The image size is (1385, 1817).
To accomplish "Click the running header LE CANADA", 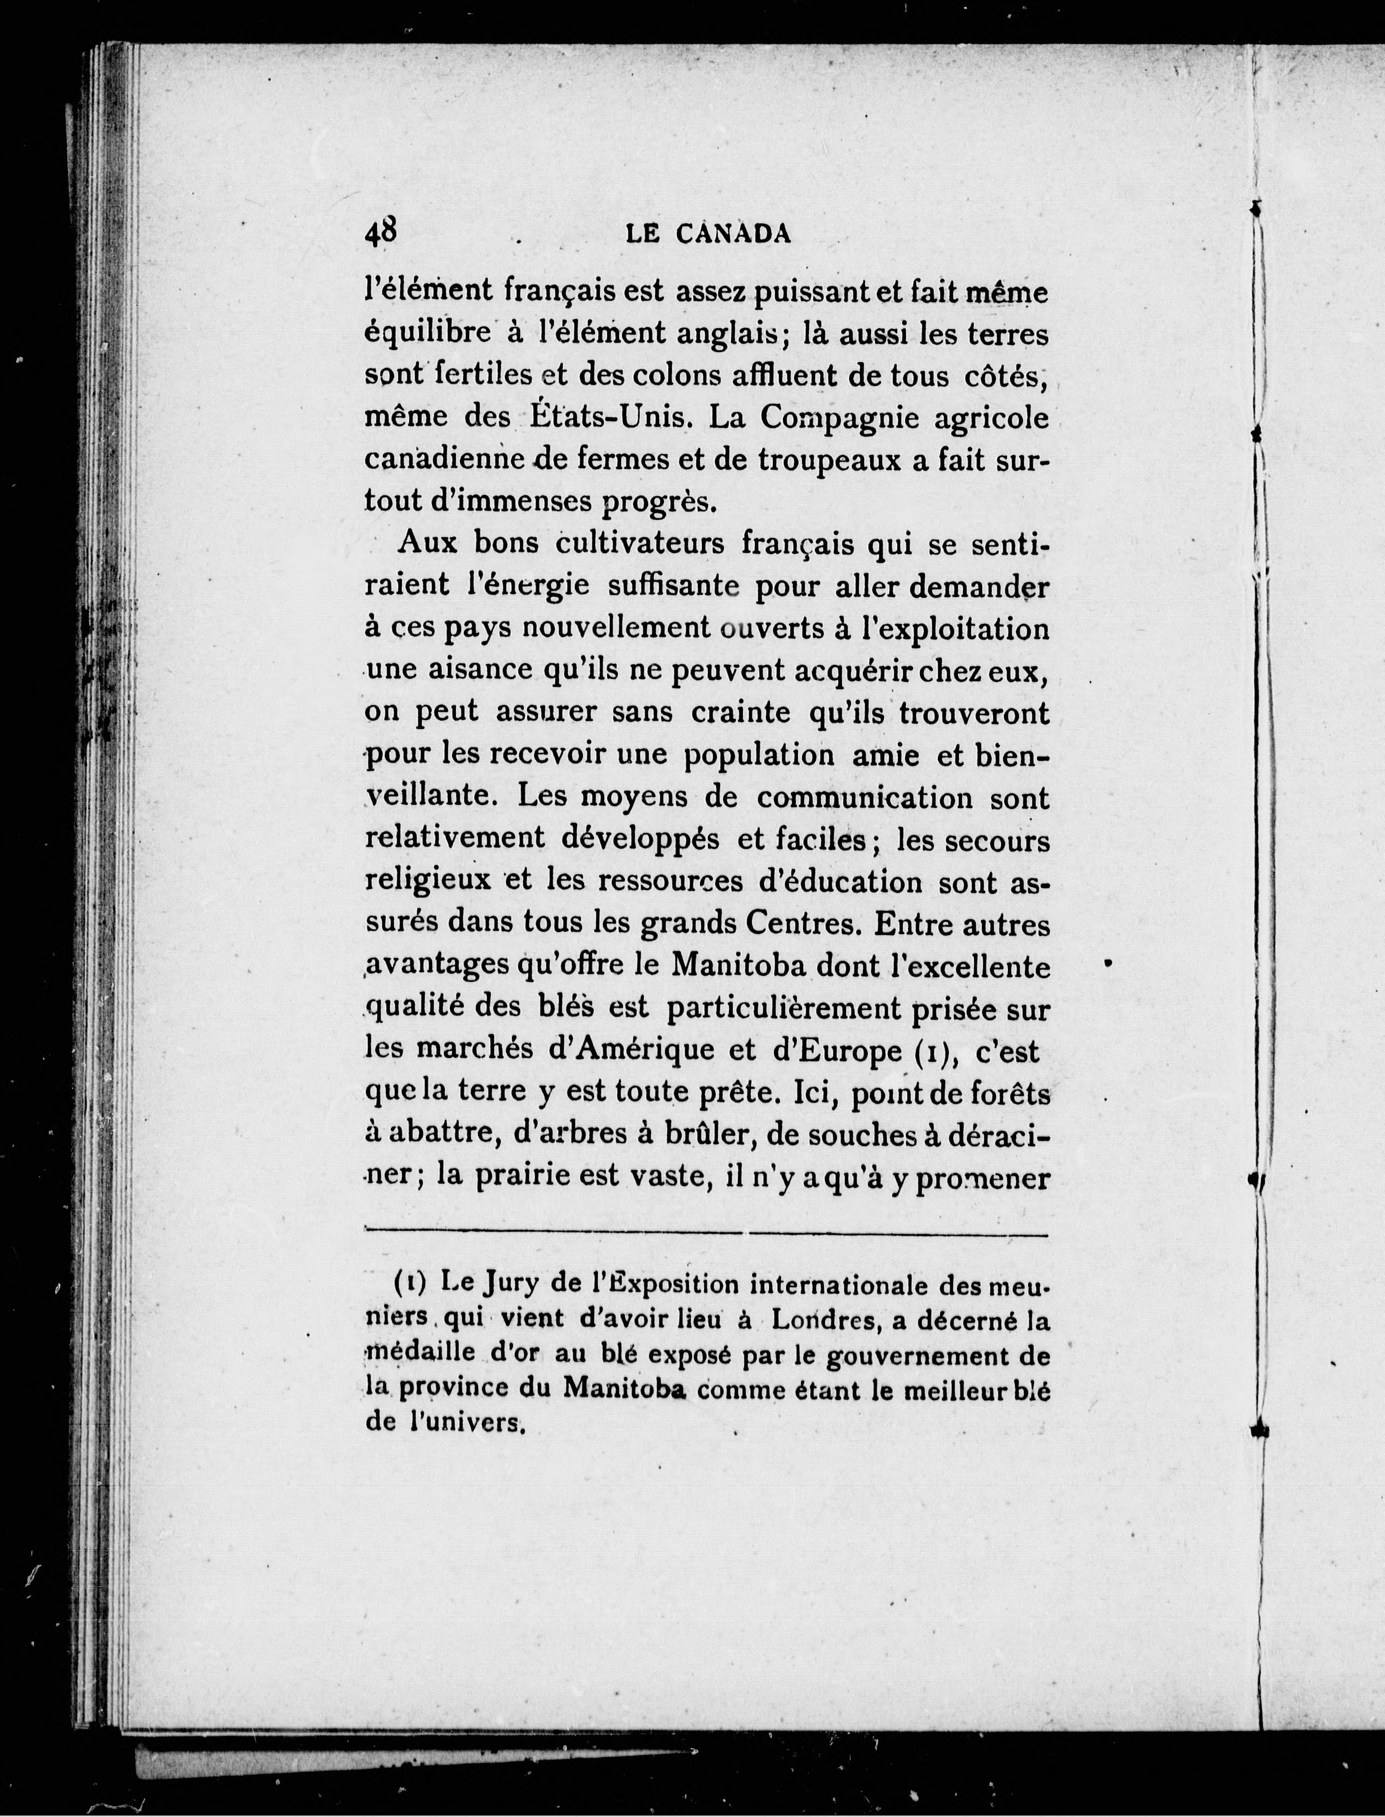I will point(709,235).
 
